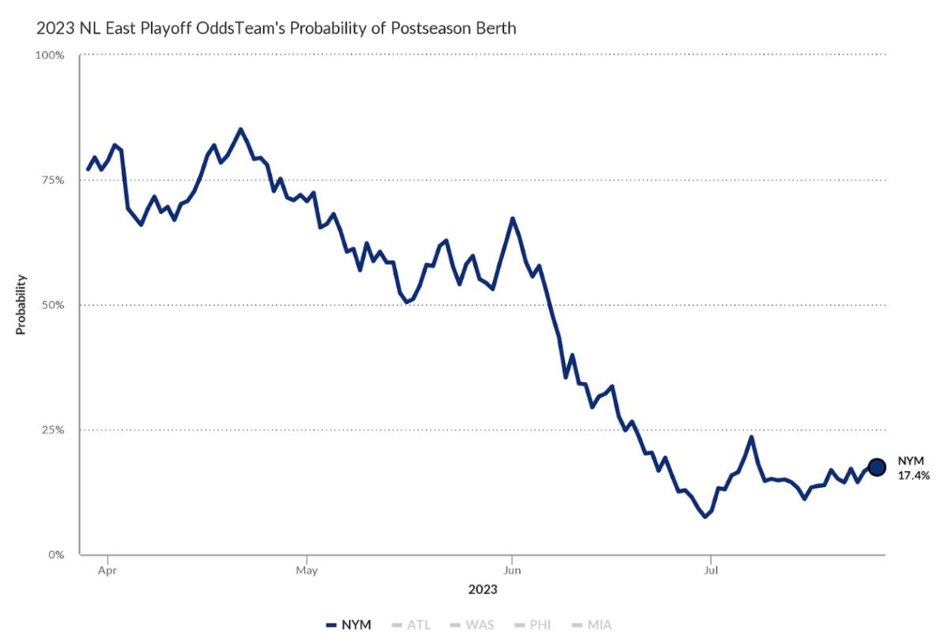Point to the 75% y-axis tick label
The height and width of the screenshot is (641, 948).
54,180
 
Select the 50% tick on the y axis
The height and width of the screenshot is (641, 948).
54,305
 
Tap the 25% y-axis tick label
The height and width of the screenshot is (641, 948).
54,430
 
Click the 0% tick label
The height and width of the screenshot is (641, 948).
56,555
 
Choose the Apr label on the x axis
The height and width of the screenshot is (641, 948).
107,568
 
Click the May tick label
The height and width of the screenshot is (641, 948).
307,568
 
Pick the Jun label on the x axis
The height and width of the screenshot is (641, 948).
512,568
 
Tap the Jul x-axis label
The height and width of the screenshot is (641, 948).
711,568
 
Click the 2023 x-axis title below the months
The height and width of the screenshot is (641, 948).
482,589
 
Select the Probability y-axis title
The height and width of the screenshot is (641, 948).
21,305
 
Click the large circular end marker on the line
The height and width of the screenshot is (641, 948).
877,467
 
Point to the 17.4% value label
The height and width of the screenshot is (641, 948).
913,476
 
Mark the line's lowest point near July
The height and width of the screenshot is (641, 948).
705,517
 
